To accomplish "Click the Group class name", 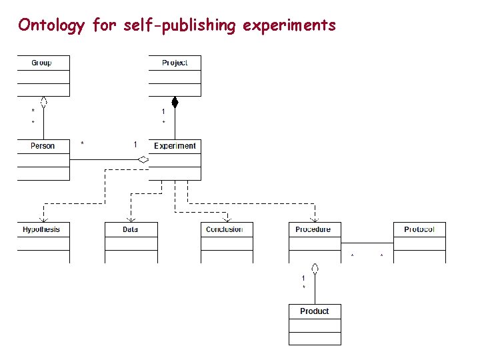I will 41,63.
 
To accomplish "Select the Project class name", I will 175,63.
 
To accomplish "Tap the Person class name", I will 43,146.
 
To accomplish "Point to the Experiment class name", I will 175,146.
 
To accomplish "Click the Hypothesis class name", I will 41,229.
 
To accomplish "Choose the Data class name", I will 130,229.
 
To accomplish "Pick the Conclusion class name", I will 225,229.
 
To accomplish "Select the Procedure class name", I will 313,229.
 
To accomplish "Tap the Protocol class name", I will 419,229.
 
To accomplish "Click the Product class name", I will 314,311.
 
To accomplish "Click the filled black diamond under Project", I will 175,102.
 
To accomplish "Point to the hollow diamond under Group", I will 43,102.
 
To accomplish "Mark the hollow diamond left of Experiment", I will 143,159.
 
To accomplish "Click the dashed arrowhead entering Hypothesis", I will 43,219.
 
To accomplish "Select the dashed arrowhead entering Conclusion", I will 227,219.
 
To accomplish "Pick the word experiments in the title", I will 289,26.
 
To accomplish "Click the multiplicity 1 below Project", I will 163,111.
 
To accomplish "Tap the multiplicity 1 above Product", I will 303,277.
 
